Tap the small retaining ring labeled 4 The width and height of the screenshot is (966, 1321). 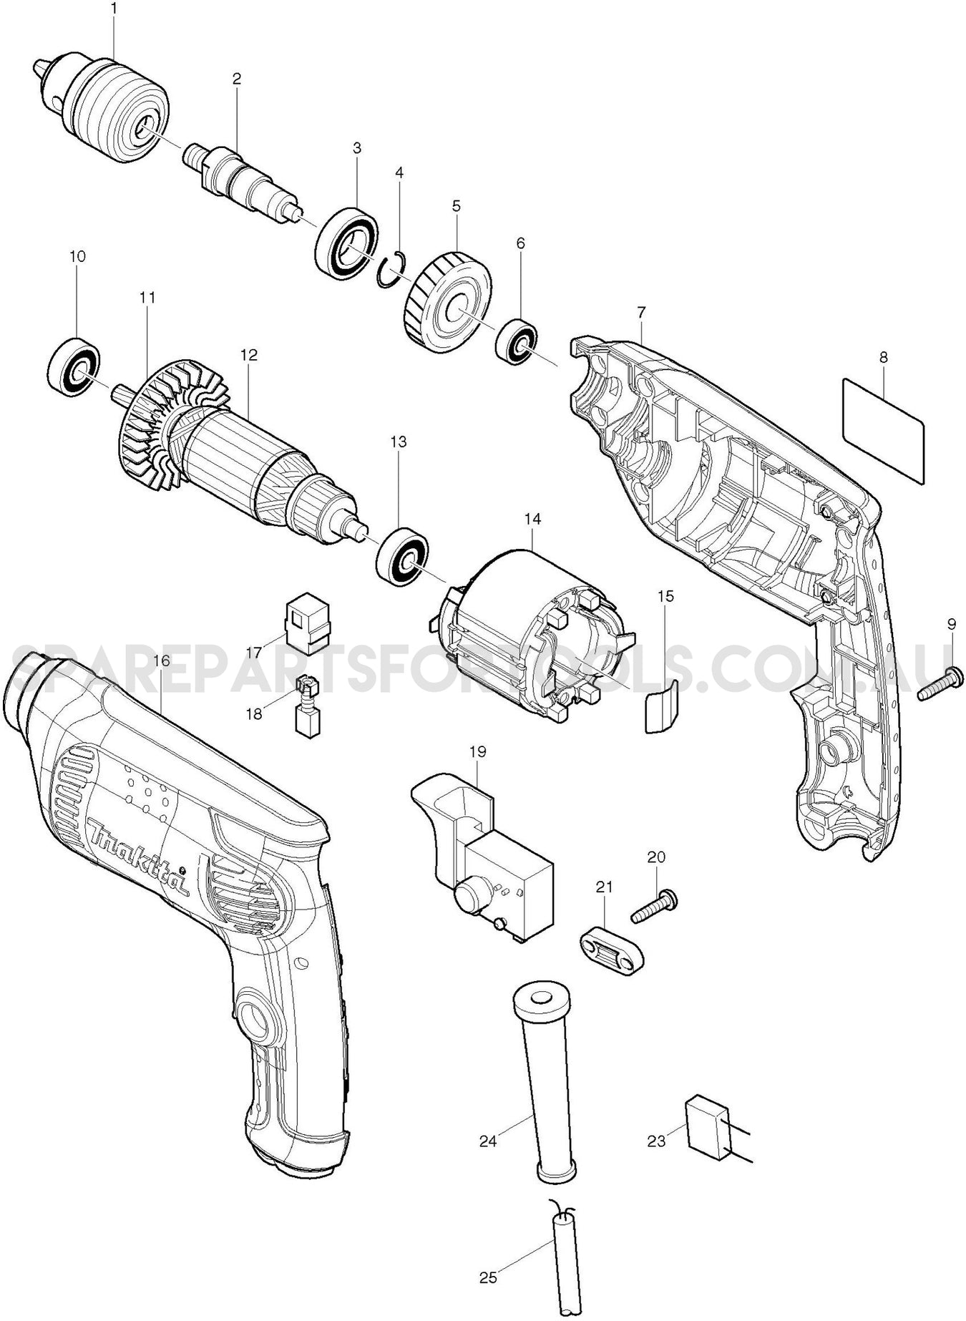point(391,270)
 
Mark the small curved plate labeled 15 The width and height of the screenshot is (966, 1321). point(660,706)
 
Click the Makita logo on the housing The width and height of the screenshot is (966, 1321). point(136,859)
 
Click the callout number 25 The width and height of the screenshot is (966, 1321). point(488,1276)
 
